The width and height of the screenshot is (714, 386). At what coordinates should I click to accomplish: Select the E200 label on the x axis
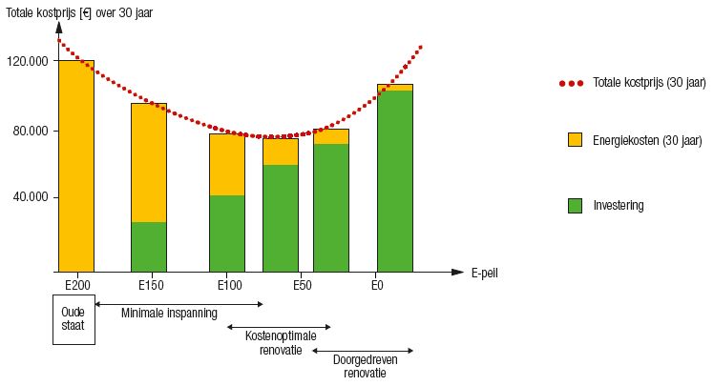(x=76, y=285)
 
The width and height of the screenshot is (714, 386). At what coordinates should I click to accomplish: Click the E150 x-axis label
(x=148, y=285)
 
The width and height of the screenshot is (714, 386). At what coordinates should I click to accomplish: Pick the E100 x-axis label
(x=226, y=285)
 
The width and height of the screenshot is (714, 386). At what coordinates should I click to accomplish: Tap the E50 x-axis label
(x=304, y=285)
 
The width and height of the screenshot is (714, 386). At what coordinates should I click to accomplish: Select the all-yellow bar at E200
(x=76, y=167)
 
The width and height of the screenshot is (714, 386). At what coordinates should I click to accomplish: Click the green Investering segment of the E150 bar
(x=148, y=247)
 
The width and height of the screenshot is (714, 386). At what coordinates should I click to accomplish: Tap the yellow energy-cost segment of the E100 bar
(x=226, y=164)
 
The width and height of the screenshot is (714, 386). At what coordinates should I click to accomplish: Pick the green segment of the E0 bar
(x=394, y=181)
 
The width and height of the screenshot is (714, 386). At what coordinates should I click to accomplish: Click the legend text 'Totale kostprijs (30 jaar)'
(x=648, y=84)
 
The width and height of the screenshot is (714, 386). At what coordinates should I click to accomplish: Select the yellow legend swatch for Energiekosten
(x=575, y=140)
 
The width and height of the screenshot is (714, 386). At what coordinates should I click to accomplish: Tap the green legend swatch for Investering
(x=575, y=205)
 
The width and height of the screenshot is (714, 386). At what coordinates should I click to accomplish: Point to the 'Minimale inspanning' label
(x=169, y=313)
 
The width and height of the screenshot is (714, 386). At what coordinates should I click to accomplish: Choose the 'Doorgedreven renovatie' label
(x=366, y=366)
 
